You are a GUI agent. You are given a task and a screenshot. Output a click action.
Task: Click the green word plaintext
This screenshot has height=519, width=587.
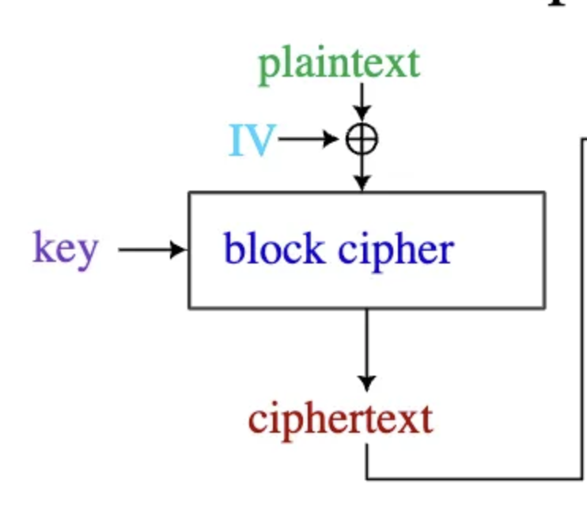[x=339, y=63]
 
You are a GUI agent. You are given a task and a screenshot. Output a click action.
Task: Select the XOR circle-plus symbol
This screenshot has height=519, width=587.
[x=362, y=141]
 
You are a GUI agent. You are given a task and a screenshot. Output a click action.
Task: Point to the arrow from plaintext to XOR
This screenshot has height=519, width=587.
[x=362, y=101]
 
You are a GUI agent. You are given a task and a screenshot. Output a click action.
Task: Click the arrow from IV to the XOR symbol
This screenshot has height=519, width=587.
[x=309, y=141]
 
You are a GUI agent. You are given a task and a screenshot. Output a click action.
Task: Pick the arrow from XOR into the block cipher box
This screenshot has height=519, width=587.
[x=362, y=172]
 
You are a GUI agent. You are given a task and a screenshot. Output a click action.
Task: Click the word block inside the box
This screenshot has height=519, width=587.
[x=274, y=248]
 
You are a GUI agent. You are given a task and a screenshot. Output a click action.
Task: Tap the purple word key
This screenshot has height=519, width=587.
[x=66, y=248]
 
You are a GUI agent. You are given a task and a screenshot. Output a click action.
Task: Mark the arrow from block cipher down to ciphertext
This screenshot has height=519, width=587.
[x=366, y=348]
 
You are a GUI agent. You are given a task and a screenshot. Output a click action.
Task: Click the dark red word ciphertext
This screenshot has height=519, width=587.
[x=341, y=419]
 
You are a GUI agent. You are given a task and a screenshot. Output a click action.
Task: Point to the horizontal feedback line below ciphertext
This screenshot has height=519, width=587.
[x=475, y=478]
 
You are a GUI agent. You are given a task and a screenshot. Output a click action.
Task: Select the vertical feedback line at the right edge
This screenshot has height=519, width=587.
[x=583, y=309]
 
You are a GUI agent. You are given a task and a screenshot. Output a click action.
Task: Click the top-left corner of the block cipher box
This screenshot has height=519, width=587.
[x=189, y=192]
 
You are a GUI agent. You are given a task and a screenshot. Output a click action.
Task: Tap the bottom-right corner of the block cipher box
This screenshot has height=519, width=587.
[x=544, y=307]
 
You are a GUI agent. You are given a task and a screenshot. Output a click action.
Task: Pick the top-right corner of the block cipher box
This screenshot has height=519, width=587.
[x=544, y=192]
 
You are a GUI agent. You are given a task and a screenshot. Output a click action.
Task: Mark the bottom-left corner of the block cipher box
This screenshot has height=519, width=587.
[x=189, y=307]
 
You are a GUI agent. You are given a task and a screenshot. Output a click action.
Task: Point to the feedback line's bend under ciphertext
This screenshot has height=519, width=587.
[x=367, y=478]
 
